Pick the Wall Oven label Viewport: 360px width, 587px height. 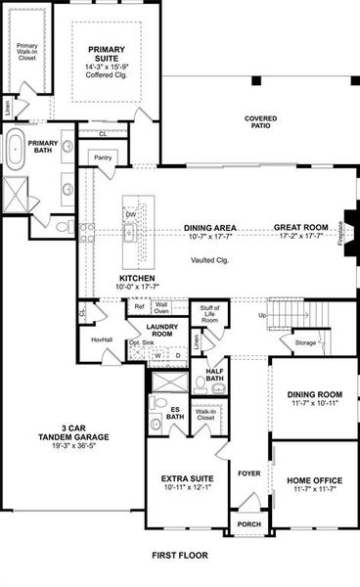160,309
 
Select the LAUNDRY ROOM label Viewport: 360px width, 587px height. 159,330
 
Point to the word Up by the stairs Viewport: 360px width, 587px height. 261,315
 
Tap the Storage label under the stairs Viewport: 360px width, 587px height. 306,342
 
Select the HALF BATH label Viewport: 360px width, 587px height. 215,374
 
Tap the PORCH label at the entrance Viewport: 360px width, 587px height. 249,526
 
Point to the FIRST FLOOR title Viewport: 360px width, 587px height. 180,555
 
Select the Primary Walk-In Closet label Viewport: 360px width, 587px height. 27,51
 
